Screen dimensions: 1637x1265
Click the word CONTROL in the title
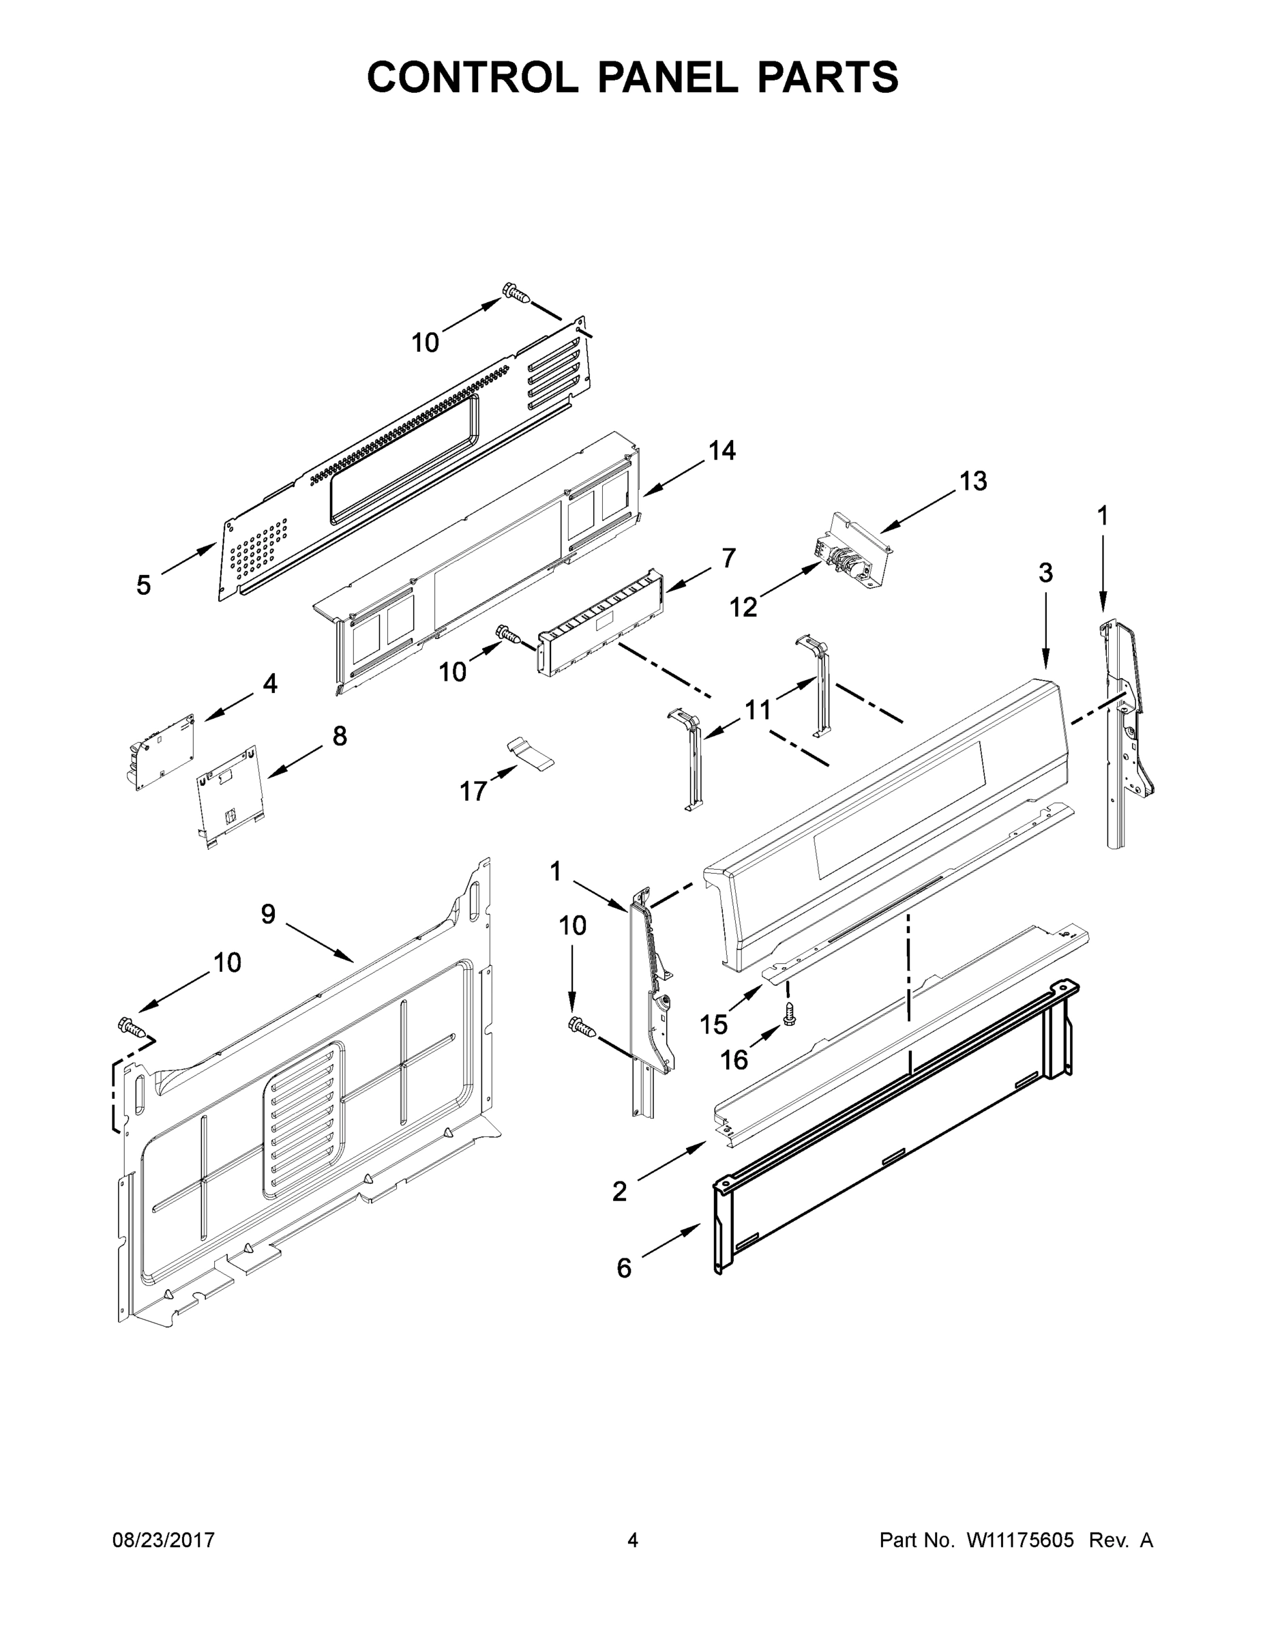472,77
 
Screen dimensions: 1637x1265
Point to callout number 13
972,481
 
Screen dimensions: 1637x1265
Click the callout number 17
473,791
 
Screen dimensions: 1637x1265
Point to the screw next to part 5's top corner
516,293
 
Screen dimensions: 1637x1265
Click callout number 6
623,1268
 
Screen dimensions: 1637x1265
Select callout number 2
619,1191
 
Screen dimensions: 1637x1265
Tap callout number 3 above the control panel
1045,573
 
